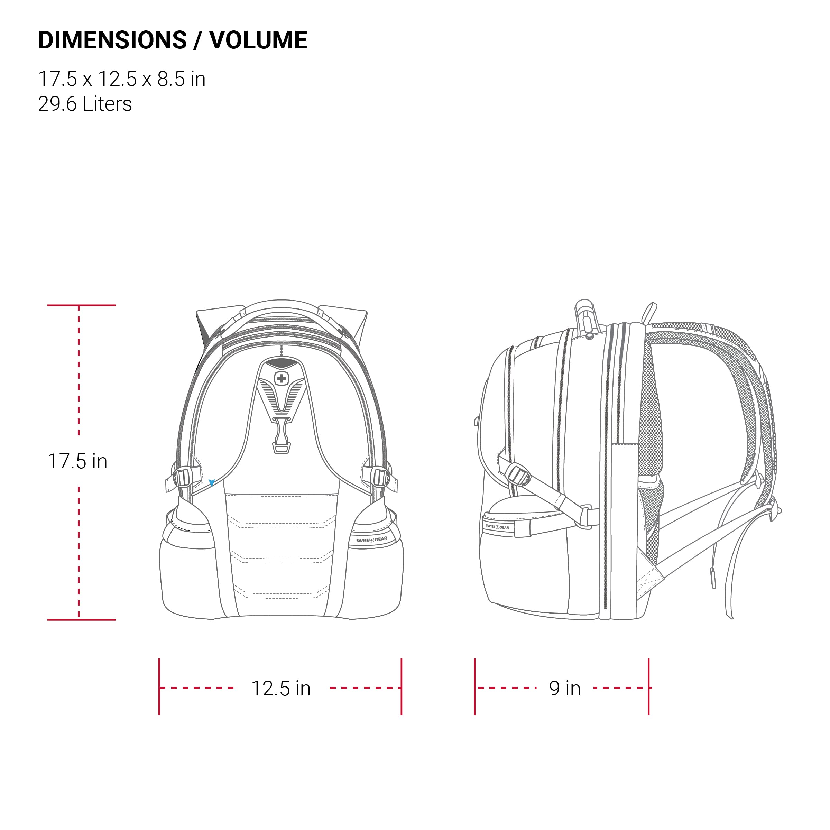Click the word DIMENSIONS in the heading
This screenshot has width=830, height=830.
pyautogui.click(x=112, y=40)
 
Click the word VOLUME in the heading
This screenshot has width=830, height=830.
pyautogui.click(x=258, y=40)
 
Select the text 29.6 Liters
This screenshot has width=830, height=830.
pyautogui.click(x=85, y=104)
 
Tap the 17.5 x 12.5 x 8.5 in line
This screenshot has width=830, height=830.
pyautogui.click(x=122, y=79)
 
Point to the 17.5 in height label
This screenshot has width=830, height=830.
pyautogui.click(x=77, y=461)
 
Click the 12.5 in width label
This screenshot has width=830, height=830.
pyautogui.click(x=280, y=689)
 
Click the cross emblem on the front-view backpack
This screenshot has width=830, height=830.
pyautogui.click(x=282, y=378)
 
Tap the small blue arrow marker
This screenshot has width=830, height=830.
pyautogui.click(x=211, y=482)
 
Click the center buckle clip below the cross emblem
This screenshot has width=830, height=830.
pyautogui.click(x=282, y=436)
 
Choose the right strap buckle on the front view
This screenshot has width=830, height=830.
pyautogui.click(x=380, y=477)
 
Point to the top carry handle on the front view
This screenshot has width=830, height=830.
pyautogui.click(x=282, y=306)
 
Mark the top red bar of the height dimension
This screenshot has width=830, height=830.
pyautogui.click(x=81, y=305)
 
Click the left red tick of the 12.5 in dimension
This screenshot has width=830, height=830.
pyautogui.click(x=159, y=686)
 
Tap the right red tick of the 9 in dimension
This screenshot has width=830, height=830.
pyautogui.click(x=649, y=686)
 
